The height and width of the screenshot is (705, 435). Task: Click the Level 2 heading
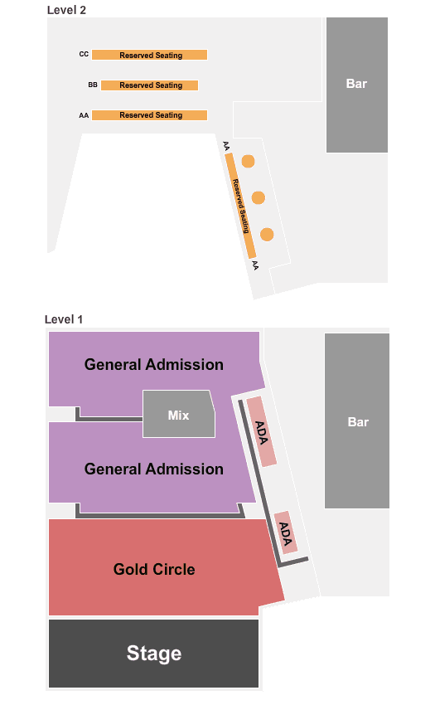pos(66,10)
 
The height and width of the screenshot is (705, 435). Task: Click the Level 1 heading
pos(64,319)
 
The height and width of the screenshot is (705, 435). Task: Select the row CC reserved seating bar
pos(149,55)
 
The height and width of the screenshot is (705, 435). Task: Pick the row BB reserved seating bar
pos(149,85)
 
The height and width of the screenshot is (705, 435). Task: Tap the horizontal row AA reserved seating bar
pos(149,115)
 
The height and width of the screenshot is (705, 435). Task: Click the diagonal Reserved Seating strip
pos(240,206)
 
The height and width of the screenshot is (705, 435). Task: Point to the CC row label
pos(84,54)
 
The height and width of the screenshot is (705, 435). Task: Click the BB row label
pos(93,85)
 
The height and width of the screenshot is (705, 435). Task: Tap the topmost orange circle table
pos(248,161)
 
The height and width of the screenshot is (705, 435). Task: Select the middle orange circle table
pos(258,197)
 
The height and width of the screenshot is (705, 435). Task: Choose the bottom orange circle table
pos(267,234)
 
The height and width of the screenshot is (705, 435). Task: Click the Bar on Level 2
pos(357,85)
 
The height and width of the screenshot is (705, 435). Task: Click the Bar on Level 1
pos(357,421)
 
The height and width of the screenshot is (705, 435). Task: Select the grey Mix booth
pos(178,414)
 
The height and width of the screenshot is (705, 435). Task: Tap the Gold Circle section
pos(154,567)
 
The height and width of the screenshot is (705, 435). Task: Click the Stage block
pos(153,654)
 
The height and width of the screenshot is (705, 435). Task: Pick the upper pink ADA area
pos(261,431)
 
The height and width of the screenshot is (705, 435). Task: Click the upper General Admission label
pos(153,364)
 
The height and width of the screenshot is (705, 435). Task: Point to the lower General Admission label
pos(153,469)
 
